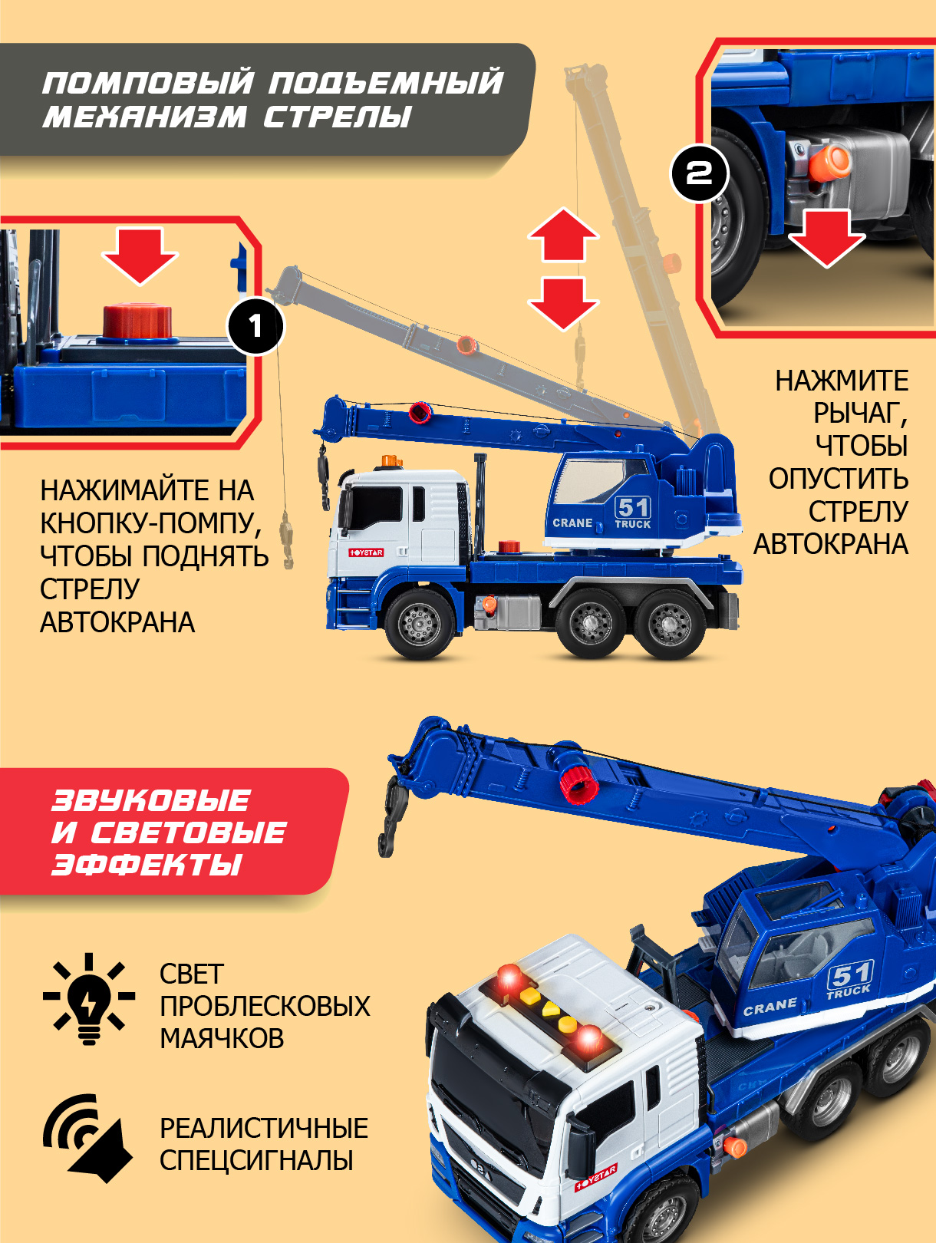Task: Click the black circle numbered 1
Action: click(255, 326)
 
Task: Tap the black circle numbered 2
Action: click(699, 173)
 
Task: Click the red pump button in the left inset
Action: click(137, 322)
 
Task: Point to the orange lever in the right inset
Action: click(829, 161)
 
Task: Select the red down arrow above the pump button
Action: click(140, 256)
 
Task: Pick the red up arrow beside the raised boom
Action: click(563, 235)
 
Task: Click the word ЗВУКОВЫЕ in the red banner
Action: click(150, 800)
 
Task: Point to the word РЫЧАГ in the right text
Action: click(860, 414)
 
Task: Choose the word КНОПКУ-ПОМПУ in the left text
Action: click(151, 524)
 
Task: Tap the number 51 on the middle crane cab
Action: click(633, 507)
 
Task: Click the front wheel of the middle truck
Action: click(420, 625)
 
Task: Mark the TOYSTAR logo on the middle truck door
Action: click(366, 552)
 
